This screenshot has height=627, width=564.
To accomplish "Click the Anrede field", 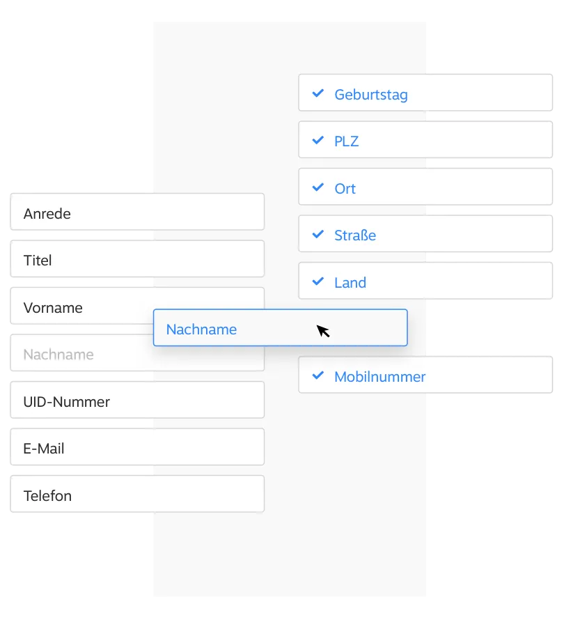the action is (x=137, y=212).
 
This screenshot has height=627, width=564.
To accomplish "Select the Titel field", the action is (x=137, y=258).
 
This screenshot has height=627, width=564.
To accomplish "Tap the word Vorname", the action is (x=53, y=308).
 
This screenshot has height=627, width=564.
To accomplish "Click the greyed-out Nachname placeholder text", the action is (x=58, y=355).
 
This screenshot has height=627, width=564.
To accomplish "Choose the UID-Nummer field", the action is (x=137, y=400).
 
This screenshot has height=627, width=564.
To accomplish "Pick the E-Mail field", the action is (x=137, y=447).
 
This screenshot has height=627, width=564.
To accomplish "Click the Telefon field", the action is (x=137, y=494).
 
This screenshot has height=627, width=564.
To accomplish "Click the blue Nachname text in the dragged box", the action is (x=201, y=330).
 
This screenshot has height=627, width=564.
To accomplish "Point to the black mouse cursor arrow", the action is (x=323, y=331).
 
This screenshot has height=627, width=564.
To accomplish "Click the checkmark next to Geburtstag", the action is (x=318, y=93).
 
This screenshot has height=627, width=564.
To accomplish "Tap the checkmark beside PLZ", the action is (x=318, y=140).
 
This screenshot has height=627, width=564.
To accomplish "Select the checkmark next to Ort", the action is (x=318, y=187).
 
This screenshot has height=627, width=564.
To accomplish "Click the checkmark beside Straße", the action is (x=318, y=234).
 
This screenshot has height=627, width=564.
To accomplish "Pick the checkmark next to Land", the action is (x=318, y=281).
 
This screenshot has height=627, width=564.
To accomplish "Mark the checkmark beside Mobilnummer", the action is (x=318, y=376).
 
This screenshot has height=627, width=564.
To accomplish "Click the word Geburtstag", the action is (x=371, y=95).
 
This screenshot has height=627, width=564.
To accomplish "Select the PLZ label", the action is (x=347, y=141).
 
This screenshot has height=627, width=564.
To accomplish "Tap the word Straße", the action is (x=355, y=235).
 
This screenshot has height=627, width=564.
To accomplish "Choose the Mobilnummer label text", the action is (x=379, y=377).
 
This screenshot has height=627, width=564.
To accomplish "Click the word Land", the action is (x=350, y=283).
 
